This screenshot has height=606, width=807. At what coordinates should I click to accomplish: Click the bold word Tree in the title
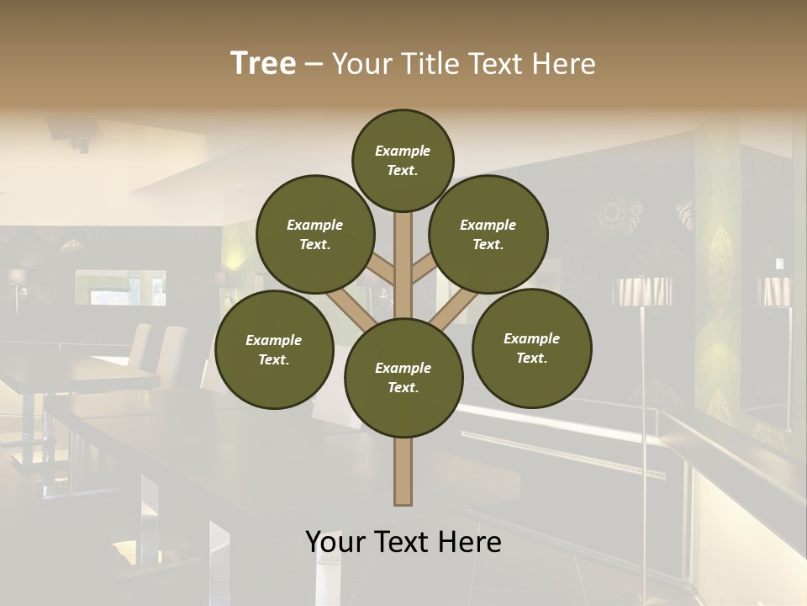coord(263,63)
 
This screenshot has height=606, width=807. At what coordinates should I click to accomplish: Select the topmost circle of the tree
coord(403,160)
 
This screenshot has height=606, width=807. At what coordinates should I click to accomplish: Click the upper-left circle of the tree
coord(314,234)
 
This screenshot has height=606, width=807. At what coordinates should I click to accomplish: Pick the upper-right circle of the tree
coord(488,234)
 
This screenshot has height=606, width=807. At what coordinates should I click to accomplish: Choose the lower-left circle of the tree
coord(273,349)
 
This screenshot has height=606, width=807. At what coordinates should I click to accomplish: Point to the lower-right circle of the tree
coord(531,348)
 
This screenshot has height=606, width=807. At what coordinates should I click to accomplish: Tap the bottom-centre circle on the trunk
coord(403,377)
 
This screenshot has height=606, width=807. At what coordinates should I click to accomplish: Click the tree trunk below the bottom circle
coord(403,471)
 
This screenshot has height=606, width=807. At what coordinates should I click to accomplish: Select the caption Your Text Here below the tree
coord(403,542)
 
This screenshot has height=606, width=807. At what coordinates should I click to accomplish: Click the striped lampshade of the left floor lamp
coord(643,291)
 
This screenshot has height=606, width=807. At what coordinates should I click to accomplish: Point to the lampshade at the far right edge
coord(774,291)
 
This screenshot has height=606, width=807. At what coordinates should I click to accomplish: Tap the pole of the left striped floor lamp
coord(644,379)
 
